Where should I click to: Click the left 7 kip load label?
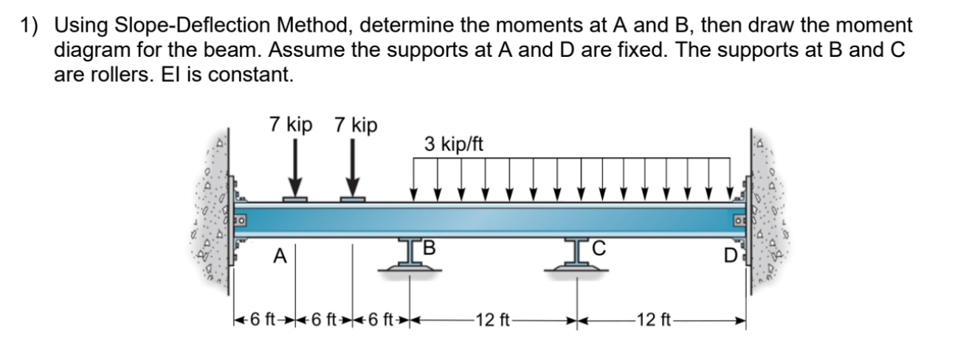[x=291, y=125]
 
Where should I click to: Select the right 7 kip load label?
[x=356, y=125]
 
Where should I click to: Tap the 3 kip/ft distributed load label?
[x=454, y=144]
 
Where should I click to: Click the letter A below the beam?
[x=279, y=256]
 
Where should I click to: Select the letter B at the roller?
[x=429, y=246]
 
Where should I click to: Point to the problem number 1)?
[x=30, y=26]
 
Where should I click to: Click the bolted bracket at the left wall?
[x=240, y=219]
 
